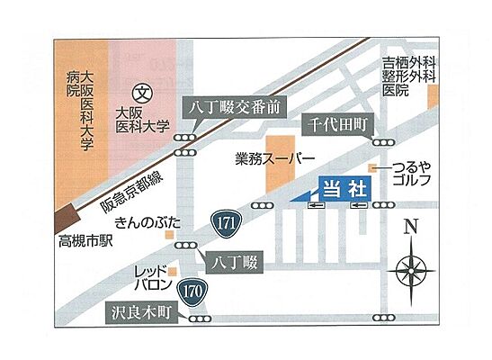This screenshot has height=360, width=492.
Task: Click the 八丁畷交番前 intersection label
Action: tap(236, 106)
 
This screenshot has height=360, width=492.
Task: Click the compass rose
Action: tap(410, 267)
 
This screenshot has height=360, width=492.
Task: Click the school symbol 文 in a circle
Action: tap(141, 92)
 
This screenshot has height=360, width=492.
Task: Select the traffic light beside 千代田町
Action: tap(382, 141)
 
